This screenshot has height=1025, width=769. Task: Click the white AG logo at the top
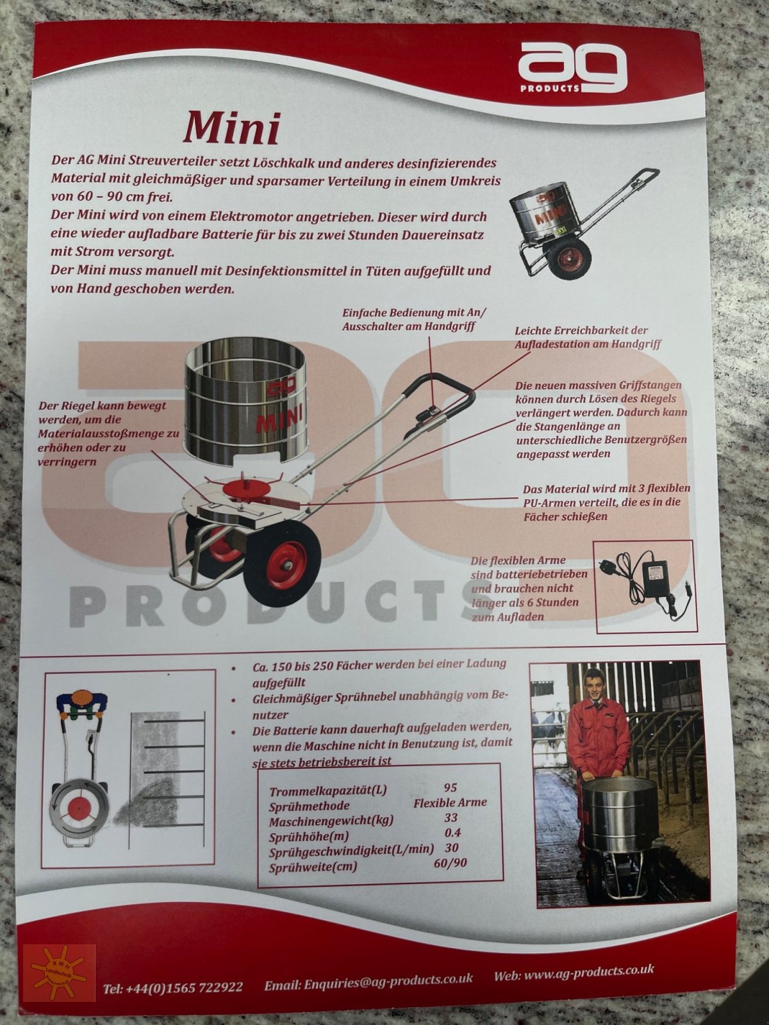pos(571,69)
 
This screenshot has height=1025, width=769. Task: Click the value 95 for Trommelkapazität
pos(450,787)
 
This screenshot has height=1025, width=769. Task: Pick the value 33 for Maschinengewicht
pos(451,818)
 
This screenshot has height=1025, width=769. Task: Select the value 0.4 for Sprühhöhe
pos(452,833)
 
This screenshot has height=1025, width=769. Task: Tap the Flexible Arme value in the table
pos(450,802)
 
